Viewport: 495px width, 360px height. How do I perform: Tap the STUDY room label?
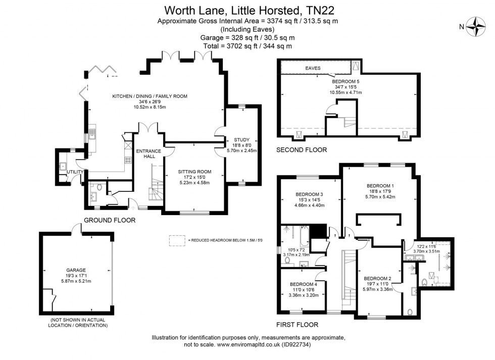click(242, 139)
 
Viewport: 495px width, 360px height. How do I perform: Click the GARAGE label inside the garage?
click(76, 270)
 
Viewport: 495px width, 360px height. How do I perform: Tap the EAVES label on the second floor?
click(312, 68)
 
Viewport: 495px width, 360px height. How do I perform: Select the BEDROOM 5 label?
click(346, 81)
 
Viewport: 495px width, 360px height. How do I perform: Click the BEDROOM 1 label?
click(380, 186)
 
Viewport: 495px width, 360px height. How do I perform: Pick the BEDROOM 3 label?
click(309, 194)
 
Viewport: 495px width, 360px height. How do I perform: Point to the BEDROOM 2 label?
click(378, 279)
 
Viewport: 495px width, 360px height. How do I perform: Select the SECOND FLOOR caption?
click(302, 150)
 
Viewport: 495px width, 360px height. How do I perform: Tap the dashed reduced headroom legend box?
click(177, 240)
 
